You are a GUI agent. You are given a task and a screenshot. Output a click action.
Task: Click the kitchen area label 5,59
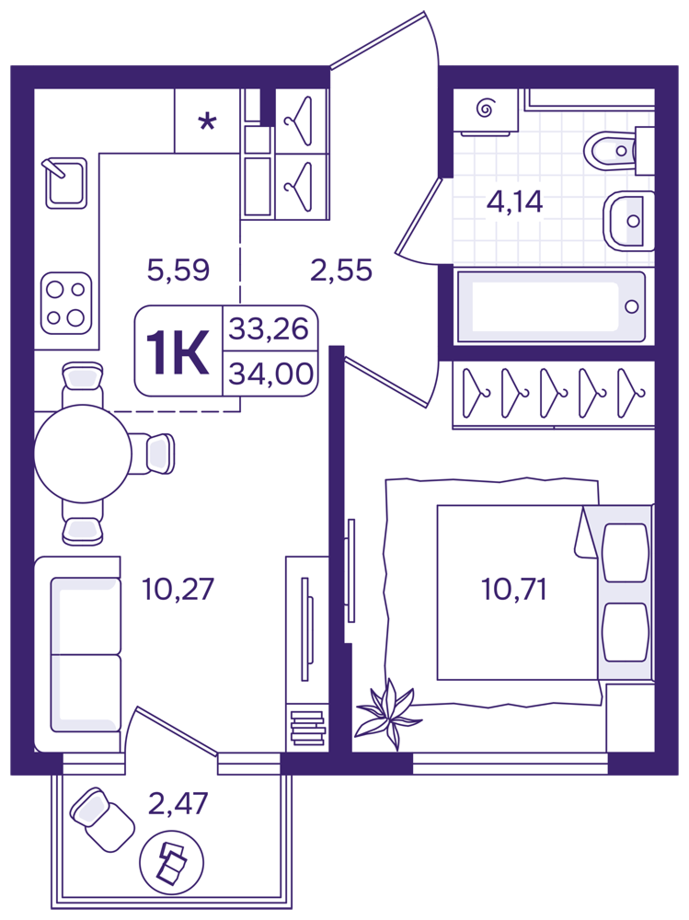pyautogui.click(x=178, y=270)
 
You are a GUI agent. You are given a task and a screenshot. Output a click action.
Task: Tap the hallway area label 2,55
pyautogui.click(x=341, y=270)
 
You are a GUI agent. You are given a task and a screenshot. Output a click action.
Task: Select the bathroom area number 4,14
pyautogui.click(x=515, y=201)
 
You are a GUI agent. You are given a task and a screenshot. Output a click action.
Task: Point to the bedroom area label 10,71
pyautogui.click(x=514, y=589)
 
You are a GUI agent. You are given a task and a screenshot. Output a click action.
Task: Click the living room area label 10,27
pyautogui.click(x=178, y=589)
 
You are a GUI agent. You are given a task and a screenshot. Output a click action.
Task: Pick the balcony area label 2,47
pyautogui.click(x=178, y=803)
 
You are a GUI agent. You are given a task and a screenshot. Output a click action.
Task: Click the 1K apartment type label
pyautogui.click(x=178, y=352)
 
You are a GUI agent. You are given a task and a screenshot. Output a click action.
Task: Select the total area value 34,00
pyautogui.click(x=270, y=374)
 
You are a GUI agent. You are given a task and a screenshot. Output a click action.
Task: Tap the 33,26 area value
pyautogui.click(x=269, y=328)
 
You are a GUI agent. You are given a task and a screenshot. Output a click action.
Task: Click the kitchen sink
pyautogui.click(x=65, y=182)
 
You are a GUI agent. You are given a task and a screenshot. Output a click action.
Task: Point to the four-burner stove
pyautogui.click(x=65, y=304)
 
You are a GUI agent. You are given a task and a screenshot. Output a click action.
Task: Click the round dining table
pyautogui.click(x=83, y=454)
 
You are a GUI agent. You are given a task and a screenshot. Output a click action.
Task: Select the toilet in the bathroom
pyautogui.click(x=617, y=151)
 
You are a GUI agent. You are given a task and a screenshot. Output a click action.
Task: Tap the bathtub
pyautogui.click(x=550, y=306)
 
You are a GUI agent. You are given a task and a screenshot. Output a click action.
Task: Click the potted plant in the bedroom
pyautogui.click(x=387, y=714)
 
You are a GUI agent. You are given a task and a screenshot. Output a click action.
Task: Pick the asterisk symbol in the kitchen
pyautogui.click(x=207, y=122)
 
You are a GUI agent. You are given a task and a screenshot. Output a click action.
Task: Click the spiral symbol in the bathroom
pyautogui.click(x=485, y=108)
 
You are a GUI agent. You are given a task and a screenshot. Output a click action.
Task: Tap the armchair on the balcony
pyautogui.click(x=102, y=819)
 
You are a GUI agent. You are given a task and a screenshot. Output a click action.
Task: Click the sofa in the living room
pyautogui.click(x=77, y=654)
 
